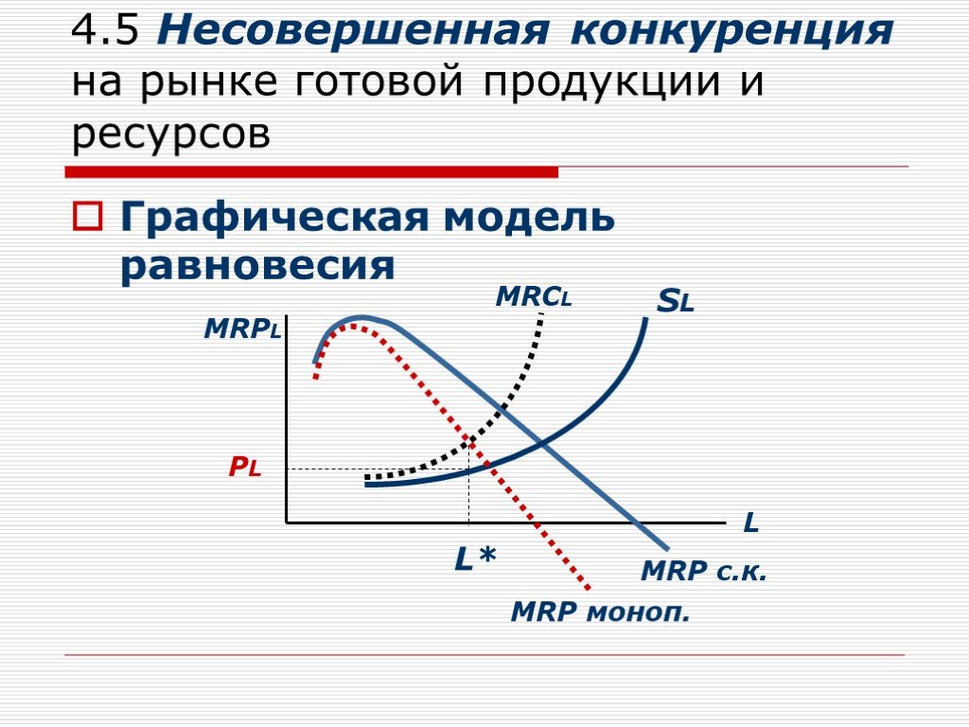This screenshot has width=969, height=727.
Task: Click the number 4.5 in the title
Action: click(105, 29)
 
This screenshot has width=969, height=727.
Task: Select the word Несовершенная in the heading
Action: click(353, 29)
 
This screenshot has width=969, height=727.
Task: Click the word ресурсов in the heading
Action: click(171, 133)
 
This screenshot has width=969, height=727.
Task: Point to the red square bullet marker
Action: click(88, 217)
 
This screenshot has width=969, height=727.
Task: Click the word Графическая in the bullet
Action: click(273, 218)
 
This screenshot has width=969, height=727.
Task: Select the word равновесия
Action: click(257, 267)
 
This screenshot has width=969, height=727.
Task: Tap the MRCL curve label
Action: click(534, 296)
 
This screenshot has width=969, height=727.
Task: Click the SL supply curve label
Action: click(676, 301)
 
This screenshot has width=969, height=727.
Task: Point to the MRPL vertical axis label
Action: click(242, 328)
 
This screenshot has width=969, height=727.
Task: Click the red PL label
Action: click(245, 468)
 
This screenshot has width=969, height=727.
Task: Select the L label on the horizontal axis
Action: click(750, 523)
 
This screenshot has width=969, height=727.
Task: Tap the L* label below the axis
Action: click(475, 559)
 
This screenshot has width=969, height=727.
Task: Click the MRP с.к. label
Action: click(704, 571)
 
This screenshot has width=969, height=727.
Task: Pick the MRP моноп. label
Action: click(600, 612)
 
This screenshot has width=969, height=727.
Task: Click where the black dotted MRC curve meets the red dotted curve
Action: click(471, 440)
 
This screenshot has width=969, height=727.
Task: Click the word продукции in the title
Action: click(602, 83)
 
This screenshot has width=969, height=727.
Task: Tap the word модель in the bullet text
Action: click(529, 217)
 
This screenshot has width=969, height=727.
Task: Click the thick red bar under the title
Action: click(311, 172)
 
